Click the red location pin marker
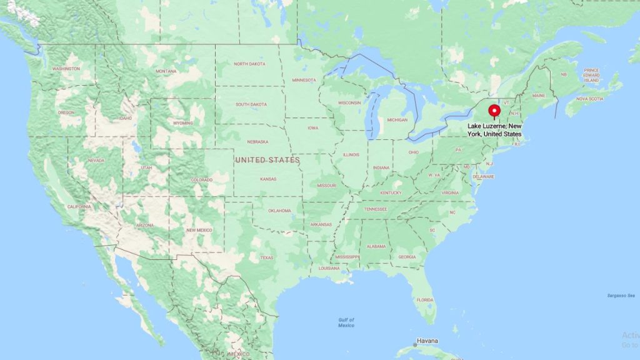[495, 111]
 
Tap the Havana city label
[427, 341]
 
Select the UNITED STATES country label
[267, 161]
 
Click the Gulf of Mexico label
[346, 322]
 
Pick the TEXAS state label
[267, 257]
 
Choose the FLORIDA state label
[425, 300]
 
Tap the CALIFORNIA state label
[79, 206]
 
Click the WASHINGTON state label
[66, 69]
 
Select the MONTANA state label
[166, 71]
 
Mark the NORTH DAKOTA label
[249, 64]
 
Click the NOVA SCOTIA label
[589, 99]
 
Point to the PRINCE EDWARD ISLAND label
[591, 75]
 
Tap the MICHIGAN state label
[397, 119]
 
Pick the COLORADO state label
[202, 180]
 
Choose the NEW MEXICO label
[199, 230]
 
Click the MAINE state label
[539, 96]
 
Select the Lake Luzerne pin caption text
[495, 130]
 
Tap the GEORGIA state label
[407, 257]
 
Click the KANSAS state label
[269, 179]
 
